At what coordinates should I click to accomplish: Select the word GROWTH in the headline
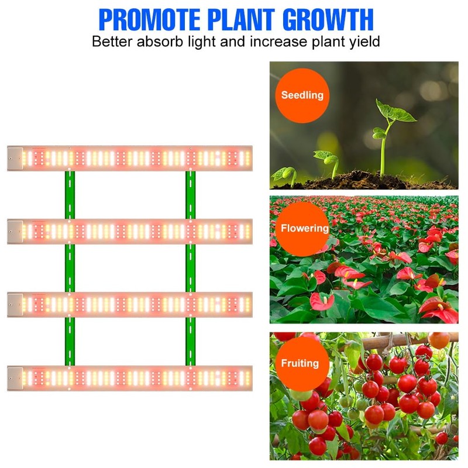click(x=328, y=19)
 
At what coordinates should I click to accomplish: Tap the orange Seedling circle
click(x=302, y=95)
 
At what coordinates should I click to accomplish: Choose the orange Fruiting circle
click(x=300, y=363)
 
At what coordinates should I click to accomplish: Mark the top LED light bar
click(x=130, y=158)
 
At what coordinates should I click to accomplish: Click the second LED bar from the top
click(x=130, y=232)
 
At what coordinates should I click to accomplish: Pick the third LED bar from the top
click(x=130, y=305)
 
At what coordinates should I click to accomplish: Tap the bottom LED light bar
click(x=130, y=378)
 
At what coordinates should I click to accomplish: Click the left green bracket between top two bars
click(x=70, y=195)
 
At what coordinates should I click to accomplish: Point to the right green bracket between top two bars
click(x=190, y=195)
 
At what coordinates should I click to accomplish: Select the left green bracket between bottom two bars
click(x=70, y=342)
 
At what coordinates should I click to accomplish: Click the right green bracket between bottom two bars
click(x=190, y=342)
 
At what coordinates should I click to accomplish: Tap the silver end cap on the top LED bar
click(x=15, y=158)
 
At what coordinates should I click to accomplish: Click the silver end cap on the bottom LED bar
click(x=15, y=378)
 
